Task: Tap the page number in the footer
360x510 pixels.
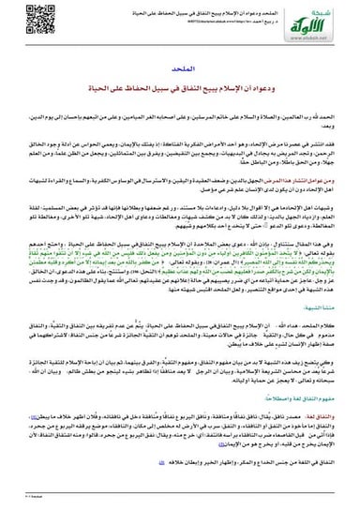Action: pos(28,502)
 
